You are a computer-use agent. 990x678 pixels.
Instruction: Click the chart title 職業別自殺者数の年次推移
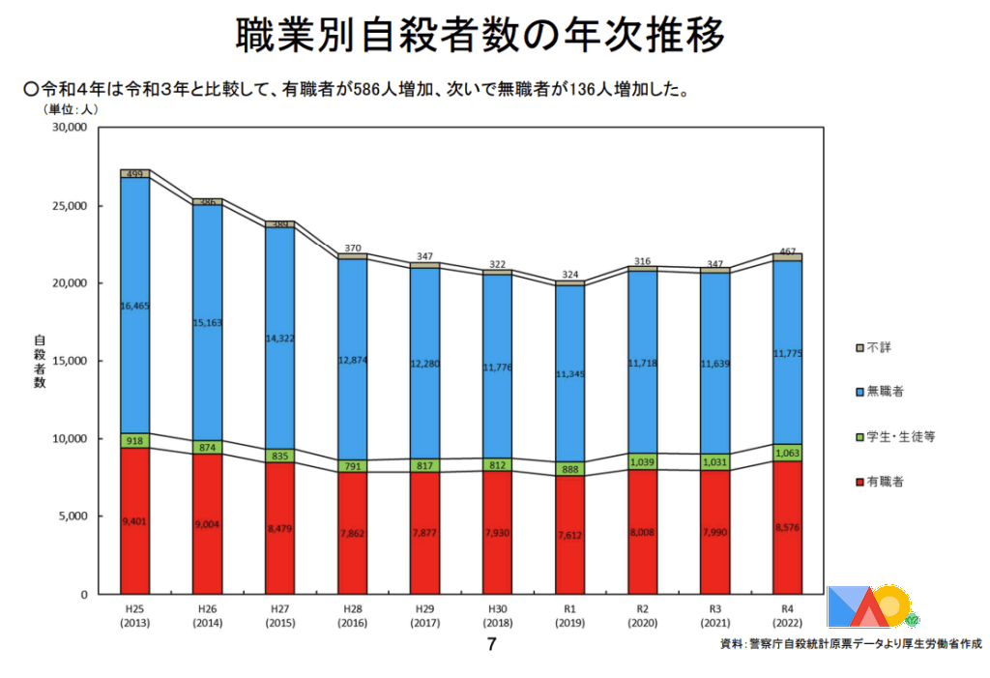(480, 37)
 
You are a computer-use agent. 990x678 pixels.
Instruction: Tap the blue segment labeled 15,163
(207, 321)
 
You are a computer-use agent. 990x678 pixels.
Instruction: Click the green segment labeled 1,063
(787, 452)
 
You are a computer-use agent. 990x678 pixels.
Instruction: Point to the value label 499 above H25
(135, 174)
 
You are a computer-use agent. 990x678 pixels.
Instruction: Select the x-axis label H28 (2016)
(352, 615)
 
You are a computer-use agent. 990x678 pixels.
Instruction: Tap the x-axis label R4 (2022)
(787, 615)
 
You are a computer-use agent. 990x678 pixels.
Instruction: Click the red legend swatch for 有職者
(859, 481)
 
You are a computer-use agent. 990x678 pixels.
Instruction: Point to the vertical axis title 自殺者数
(40, 362)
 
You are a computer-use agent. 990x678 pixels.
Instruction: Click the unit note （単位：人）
(71, 109)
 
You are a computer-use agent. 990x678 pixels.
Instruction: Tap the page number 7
(491, 644)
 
